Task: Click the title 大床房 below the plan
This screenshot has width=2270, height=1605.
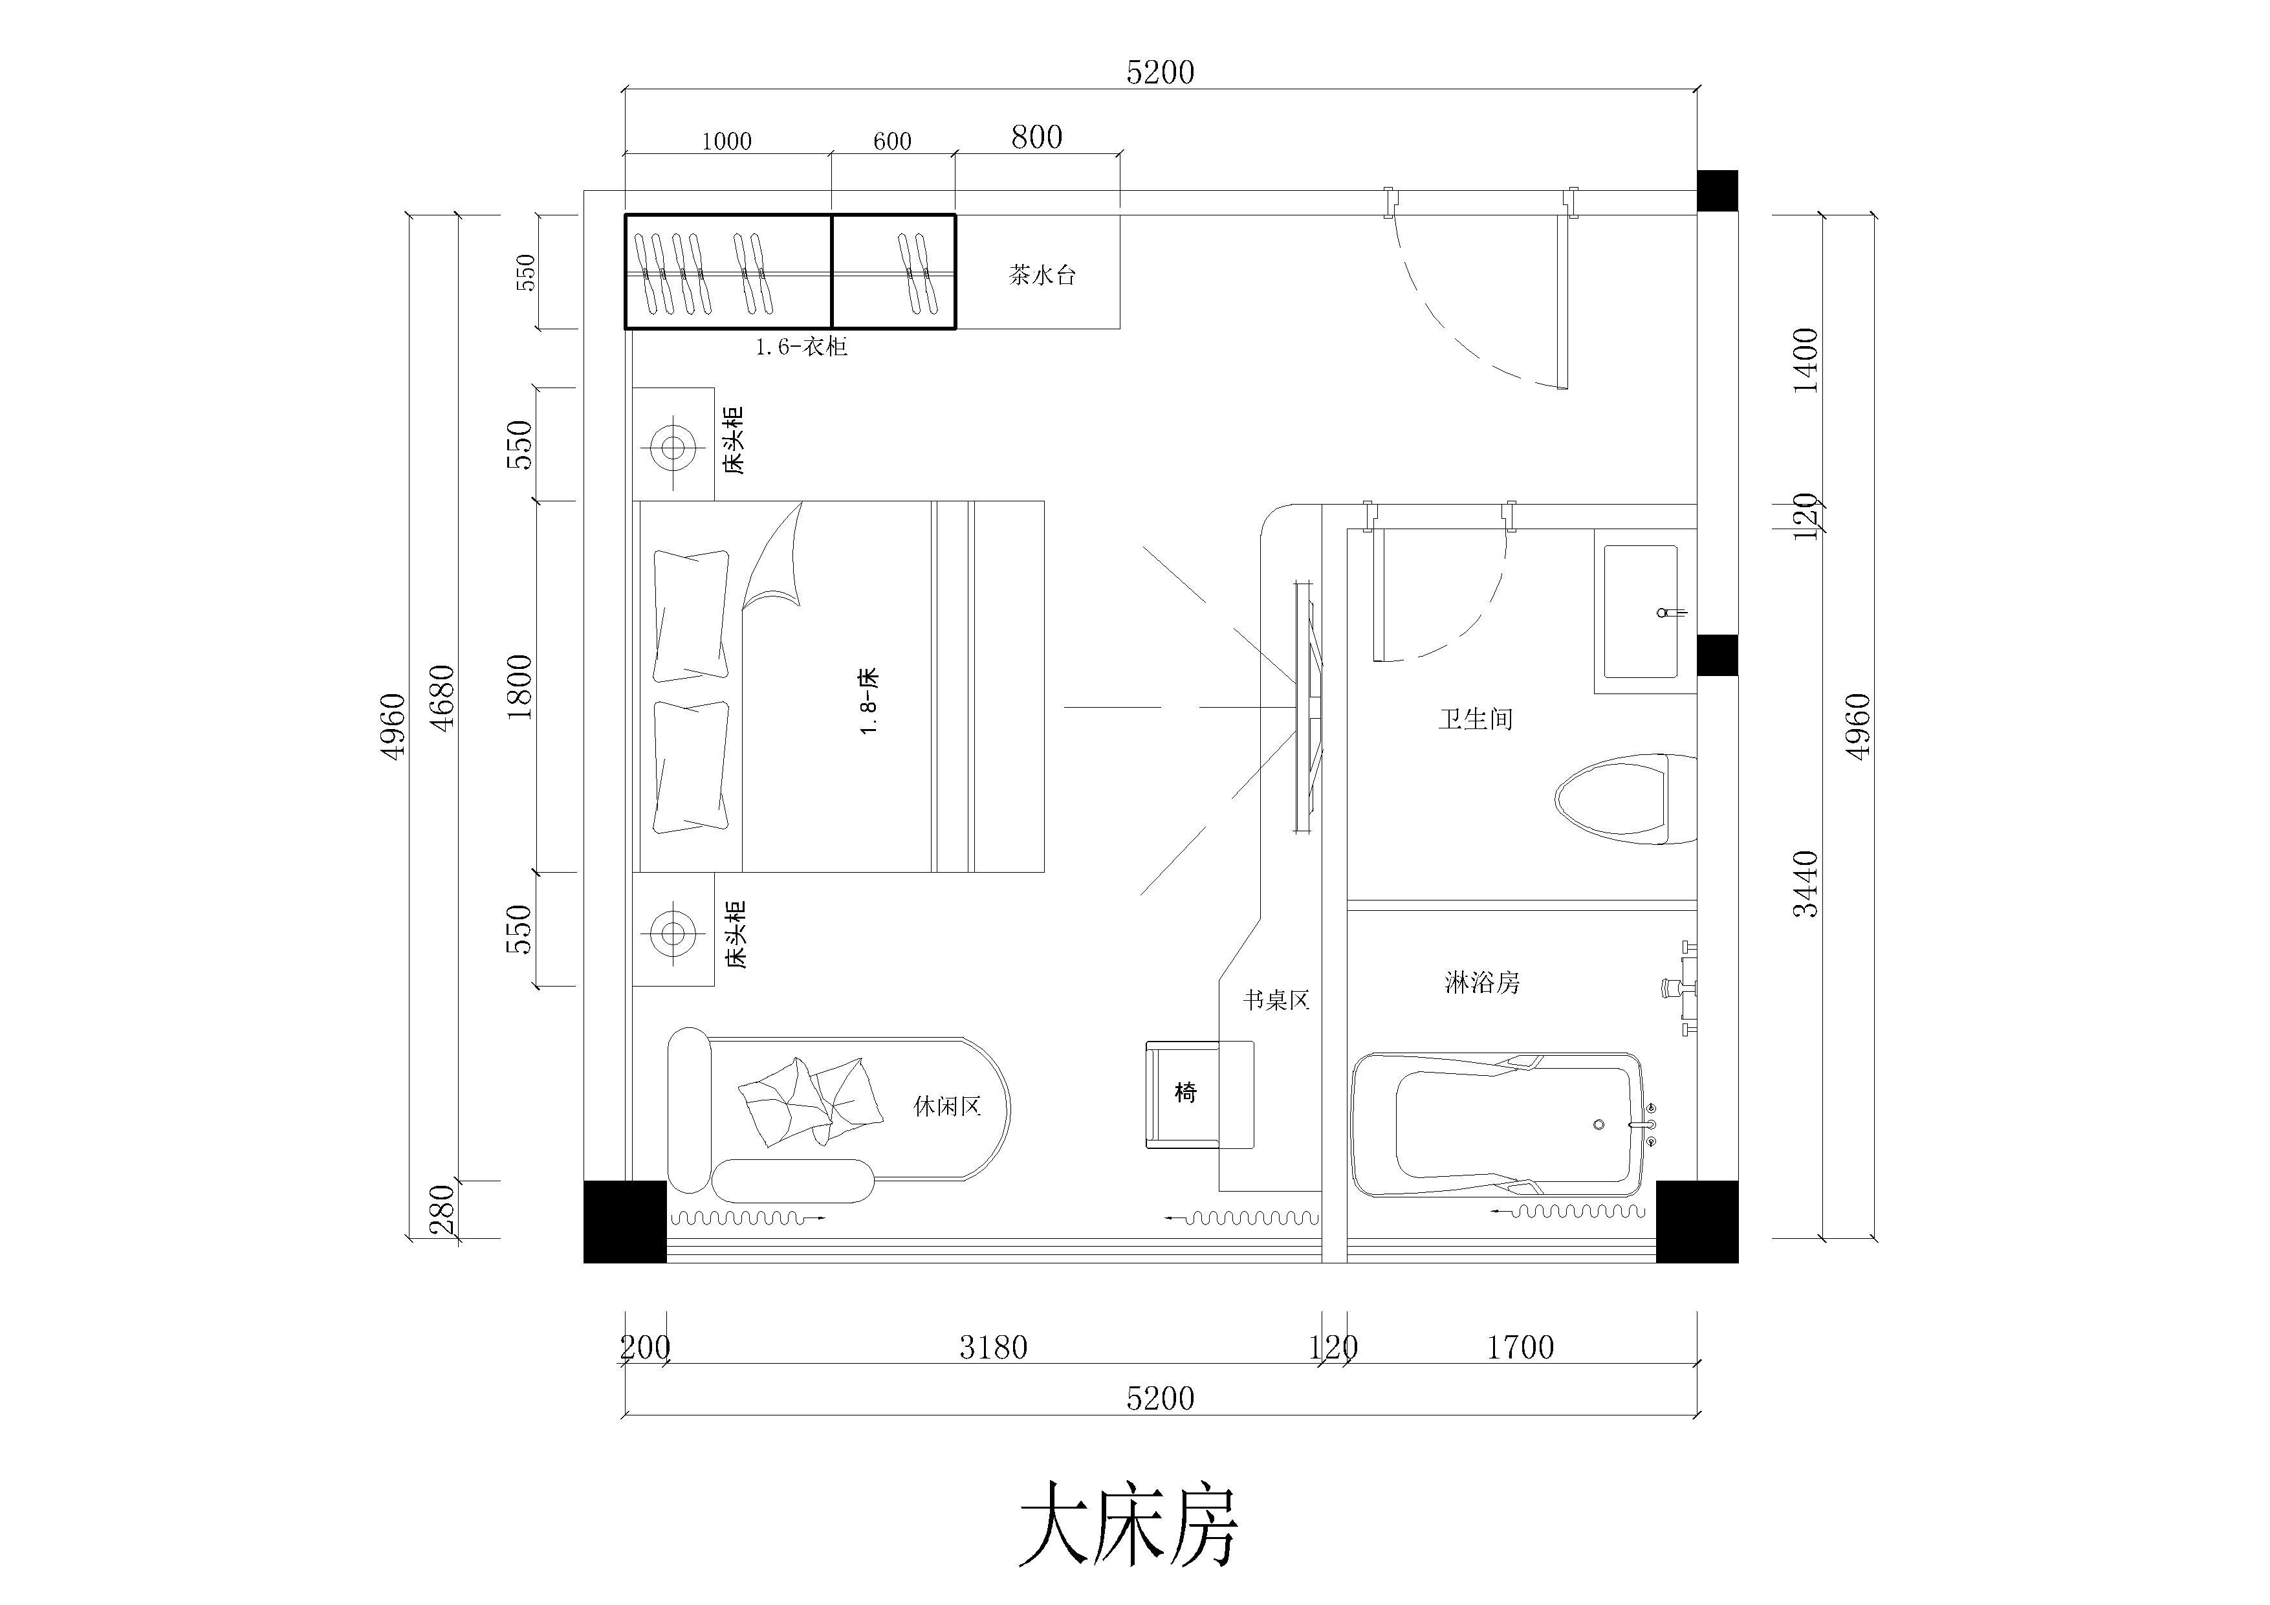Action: (x=1128, y=1537)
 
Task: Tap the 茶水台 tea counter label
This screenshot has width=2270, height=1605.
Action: (x=1042, y=275)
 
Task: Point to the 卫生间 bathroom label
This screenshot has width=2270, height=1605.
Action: (x=1475, y=719)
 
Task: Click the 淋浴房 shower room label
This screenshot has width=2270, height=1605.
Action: (x=1482, y=982)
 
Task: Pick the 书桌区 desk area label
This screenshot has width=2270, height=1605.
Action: (x=1276, y=1001)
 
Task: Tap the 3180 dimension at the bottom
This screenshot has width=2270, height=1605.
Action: (x=994, y=1347)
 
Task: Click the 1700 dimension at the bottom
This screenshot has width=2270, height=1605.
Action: (x=1521, y=1347)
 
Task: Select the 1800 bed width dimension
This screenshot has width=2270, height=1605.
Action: (x=520, y=686)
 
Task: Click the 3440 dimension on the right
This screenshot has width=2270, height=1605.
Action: (x=1806, y=884)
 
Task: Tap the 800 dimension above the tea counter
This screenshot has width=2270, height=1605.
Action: (x=1036, y=136)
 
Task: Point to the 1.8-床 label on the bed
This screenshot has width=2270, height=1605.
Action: (x=869, y=701)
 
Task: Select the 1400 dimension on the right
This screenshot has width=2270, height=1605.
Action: (x=1806, y=360)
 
